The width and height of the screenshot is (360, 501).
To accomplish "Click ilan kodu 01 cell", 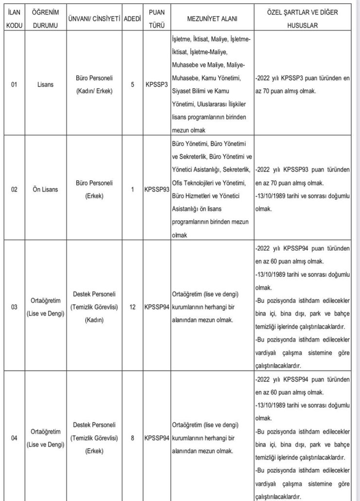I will (x=14, y=84).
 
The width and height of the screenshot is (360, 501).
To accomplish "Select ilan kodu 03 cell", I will (x=14, y=307).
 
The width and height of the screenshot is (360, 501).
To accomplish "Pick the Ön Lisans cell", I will (x=42, y=189).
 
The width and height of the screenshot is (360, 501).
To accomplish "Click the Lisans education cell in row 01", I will (x=42, y=84).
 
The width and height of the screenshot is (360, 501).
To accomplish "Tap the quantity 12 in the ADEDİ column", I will (x=132, y=307).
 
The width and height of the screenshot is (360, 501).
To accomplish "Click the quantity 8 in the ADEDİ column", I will (x=132, y=437).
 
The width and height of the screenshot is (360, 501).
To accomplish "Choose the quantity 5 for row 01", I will (x=132, y=84).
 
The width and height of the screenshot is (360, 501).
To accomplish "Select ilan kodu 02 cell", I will (x=14, y=189).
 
